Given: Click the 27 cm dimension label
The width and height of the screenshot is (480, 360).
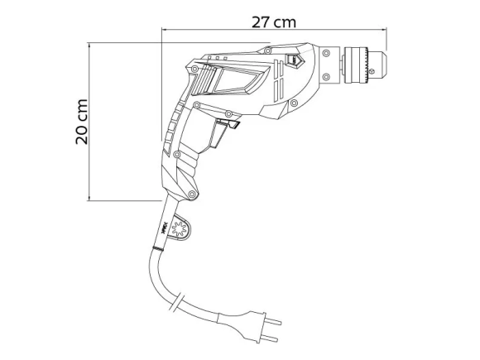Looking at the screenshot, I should [x=274, y=22].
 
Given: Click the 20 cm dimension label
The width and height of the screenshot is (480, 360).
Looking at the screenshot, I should [x=82, y=122].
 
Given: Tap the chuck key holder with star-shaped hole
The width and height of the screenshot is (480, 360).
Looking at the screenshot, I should [x=180, y=231].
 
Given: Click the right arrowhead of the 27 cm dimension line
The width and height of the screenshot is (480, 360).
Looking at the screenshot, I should [x=385, y=31].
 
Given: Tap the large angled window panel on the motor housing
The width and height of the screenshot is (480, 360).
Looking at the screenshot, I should [x=235, y=82].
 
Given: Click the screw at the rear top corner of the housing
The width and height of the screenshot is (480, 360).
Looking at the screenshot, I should [x=199, y=60].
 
